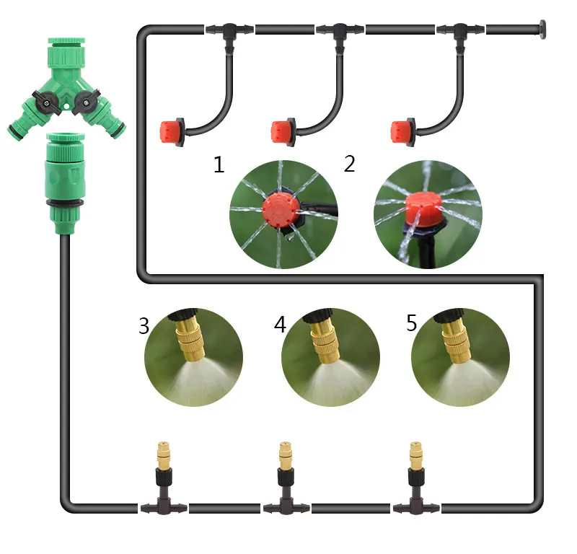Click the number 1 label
click(x=219, y=164)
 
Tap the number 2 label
click(x=350, y=164)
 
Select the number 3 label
click(x=144, y=325)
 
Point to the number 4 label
click(x=280, y=325)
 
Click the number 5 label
click(x=411, y=323)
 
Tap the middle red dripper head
click(x=283, y=132)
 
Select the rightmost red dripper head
click(x=402, y=132)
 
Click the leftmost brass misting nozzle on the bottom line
click(x=163, y=456)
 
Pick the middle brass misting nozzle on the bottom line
click(x=285, y=456)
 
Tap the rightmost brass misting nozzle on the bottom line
click(x=416, y=456)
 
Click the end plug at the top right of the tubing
click(x=542, y=29)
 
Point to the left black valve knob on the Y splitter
click(x=46, y=102)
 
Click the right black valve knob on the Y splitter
click(x=85, y=102)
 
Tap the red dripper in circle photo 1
click(x=279, y=210)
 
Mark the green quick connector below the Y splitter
click(x=66, y=183)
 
